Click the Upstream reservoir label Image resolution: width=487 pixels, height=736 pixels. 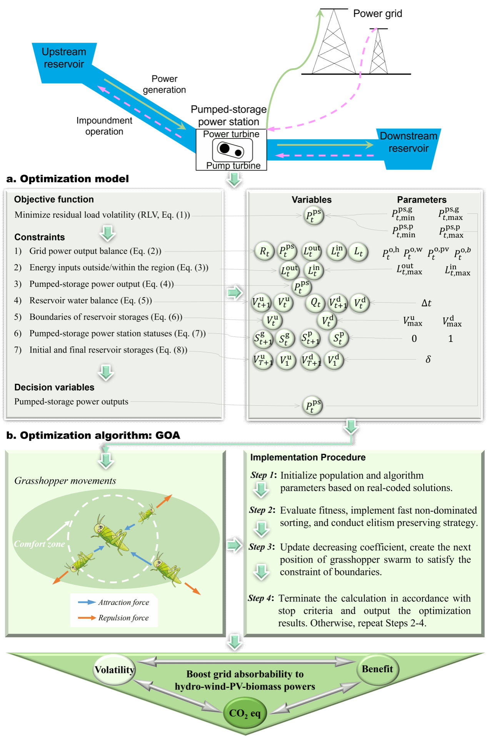point(64,58)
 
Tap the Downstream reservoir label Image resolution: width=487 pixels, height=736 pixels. point(409,142)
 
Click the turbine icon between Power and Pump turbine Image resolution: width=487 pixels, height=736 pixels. point(232,150)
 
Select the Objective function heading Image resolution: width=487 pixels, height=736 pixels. point(54,199)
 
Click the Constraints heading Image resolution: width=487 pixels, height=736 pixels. point(40,237)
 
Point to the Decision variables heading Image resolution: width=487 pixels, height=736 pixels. point(54,387)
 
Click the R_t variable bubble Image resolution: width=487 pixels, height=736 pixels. point(264,251)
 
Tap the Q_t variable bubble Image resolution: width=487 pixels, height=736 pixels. point(315,303)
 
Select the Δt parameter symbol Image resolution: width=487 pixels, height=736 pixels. point(426,303)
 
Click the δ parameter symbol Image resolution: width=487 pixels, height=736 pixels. point(428,359)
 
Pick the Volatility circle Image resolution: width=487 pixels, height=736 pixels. point(114,670)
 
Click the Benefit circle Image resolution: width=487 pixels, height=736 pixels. point(377,669)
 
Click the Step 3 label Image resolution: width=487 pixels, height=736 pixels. point(262,547)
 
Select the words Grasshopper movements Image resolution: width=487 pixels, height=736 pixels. point(65,481)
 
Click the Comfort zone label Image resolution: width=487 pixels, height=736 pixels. point(39,544)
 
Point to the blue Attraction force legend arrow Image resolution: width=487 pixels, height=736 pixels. point(87,602)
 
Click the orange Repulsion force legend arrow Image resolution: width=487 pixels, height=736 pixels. point(87,618)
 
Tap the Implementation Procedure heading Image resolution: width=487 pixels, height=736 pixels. point(308,457)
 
